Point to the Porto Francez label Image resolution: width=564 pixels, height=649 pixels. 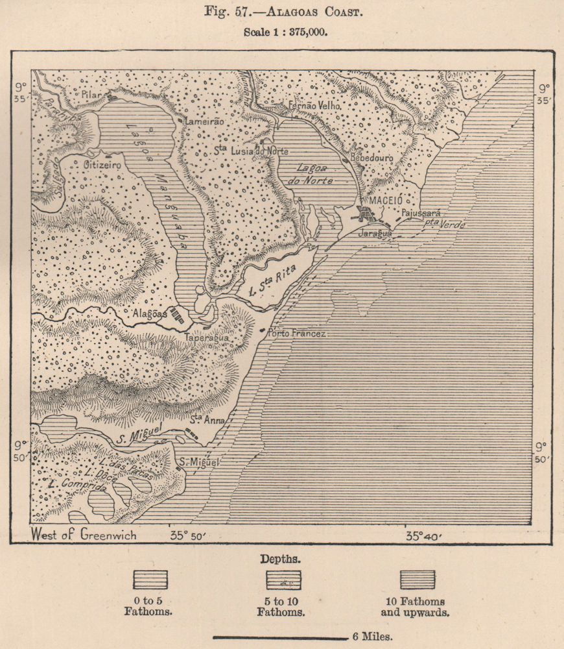(298, 333)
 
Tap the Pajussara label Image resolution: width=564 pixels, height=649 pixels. (421, 212)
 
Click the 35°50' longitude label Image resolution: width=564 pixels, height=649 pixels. (187, 536)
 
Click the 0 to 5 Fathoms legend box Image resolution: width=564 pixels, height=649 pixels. (150, 580)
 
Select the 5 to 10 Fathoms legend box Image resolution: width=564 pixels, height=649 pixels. (283, 580)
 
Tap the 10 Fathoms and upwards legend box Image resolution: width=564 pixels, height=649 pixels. (417, 580)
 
